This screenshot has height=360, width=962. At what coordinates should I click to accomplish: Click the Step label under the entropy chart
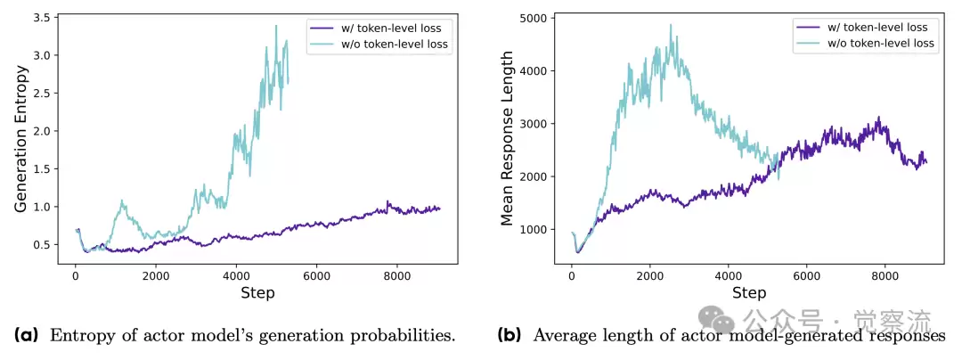(257, 292)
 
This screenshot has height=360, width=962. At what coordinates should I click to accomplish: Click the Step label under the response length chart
(748, 292)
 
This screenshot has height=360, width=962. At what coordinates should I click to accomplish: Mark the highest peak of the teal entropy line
(276, 26)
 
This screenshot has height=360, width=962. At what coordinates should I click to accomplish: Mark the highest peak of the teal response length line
(670, 25)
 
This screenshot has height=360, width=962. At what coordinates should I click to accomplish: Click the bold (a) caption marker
(26, 336)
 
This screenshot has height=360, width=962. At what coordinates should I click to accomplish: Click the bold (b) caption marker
(510, 336)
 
